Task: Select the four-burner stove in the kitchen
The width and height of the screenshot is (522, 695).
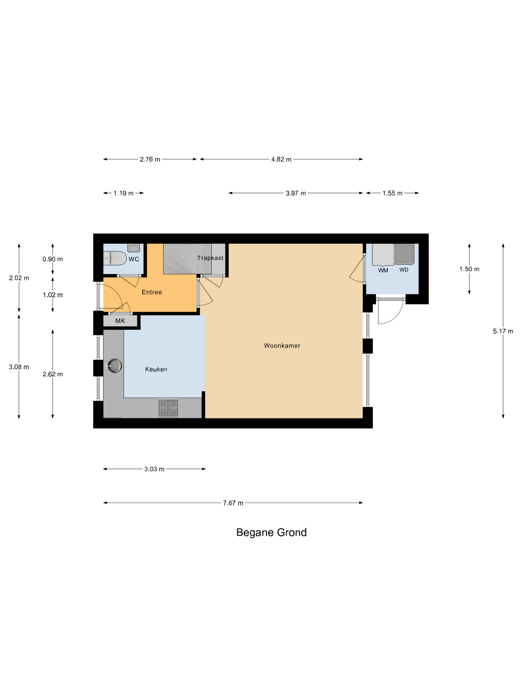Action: click(x=168, y=408)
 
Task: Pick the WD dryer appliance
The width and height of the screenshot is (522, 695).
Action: click(x=404, y=254)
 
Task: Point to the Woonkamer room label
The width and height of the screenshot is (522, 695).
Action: click(x=282, y=346)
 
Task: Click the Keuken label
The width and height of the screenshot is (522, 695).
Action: click(x=156, y=369)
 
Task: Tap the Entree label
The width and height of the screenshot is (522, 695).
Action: click(x=152, y=292)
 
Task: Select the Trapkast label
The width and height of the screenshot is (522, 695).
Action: click(x=210, y=258)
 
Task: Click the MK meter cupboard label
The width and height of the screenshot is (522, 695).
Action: click(x=120, y=321)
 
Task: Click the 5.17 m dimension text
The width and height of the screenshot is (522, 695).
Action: click(x=503, y=331)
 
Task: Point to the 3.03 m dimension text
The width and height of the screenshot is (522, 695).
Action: click(x=154, y=469)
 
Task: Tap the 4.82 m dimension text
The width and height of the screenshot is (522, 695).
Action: click(x=281, y=159)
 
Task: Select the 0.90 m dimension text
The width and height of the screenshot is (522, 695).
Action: click(x=52, y=259)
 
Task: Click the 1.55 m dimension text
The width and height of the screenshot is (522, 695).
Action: click(x=392, y=193)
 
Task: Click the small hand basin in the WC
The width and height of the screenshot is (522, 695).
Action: click(x=133, y=247)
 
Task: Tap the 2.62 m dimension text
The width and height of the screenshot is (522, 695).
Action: click(x=52, y=374)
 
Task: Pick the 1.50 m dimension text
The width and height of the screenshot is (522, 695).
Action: click(x=469, y=269)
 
